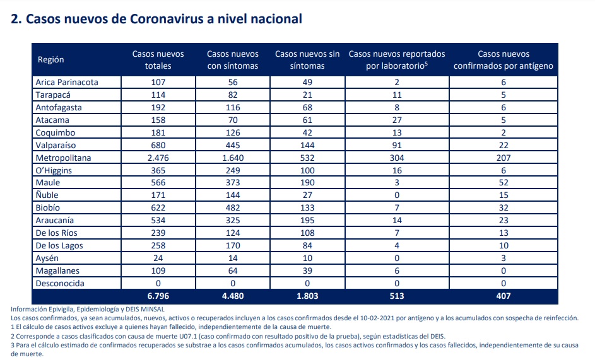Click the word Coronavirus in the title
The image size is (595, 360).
pos(167,19)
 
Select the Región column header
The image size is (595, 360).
pos(51,59)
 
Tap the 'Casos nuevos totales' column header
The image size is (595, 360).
pos(158,59)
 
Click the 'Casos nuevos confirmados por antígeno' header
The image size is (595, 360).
pos(503,59)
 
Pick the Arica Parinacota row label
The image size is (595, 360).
pos(67,83)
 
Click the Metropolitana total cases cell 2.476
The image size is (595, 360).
pos(158,158)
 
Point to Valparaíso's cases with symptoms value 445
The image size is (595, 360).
pos(233,145)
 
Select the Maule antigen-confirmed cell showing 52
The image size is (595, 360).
pos(503,182)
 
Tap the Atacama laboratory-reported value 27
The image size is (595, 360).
pos(397,120)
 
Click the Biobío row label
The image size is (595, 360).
pos(48,208)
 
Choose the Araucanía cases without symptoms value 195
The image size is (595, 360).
pos(307,221)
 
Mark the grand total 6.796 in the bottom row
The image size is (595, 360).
pos(158,296)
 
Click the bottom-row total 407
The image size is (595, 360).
pos(503,296)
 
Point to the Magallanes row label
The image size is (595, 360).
pos(57,271)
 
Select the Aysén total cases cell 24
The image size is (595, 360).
pos(158,258)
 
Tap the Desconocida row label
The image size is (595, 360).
pos(60,283)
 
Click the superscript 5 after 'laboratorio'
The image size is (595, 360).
pos(426,63)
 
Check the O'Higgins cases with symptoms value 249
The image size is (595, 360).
pos(233,170)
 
